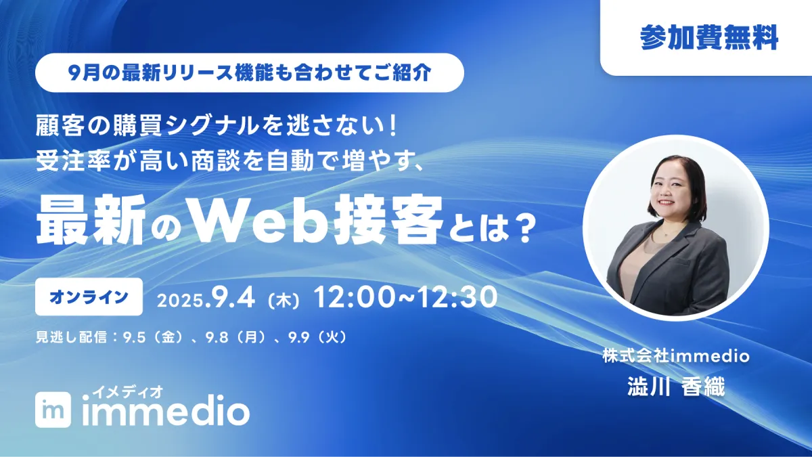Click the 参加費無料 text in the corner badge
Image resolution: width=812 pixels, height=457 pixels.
click(708, 37)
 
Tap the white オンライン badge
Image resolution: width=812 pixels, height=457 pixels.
click(89, 297)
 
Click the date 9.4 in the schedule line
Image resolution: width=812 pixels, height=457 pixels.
click(230, 298)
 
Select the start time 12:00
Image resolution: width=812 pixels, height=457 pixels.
click(353, 297)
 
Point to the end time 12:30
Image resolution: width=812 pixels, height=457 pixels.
click(457, 297)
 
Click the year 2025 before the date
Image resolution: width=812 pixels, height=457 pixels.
click(180, 301)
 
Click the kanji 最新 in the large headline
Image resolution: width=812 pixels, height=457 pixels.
click(91, 220)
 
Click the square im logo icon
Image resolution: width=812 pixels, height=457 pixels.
click(53, 410)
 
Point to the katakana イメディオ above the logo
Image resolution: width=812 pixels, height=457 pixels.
click(128, 392)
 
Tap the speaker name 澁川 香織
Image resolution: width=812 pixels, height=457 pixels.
click(676, 387)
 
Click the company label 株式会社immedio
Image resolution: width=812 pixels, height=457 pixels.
click(676, 356)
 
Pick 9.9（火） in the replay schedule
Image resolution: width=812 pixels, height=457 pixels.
click(318, 338)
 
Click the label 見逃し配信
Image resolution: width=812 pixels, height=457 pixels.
click(71, 338)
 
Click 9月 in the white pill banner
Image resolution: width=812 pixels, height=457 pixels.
click(84, 73)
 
